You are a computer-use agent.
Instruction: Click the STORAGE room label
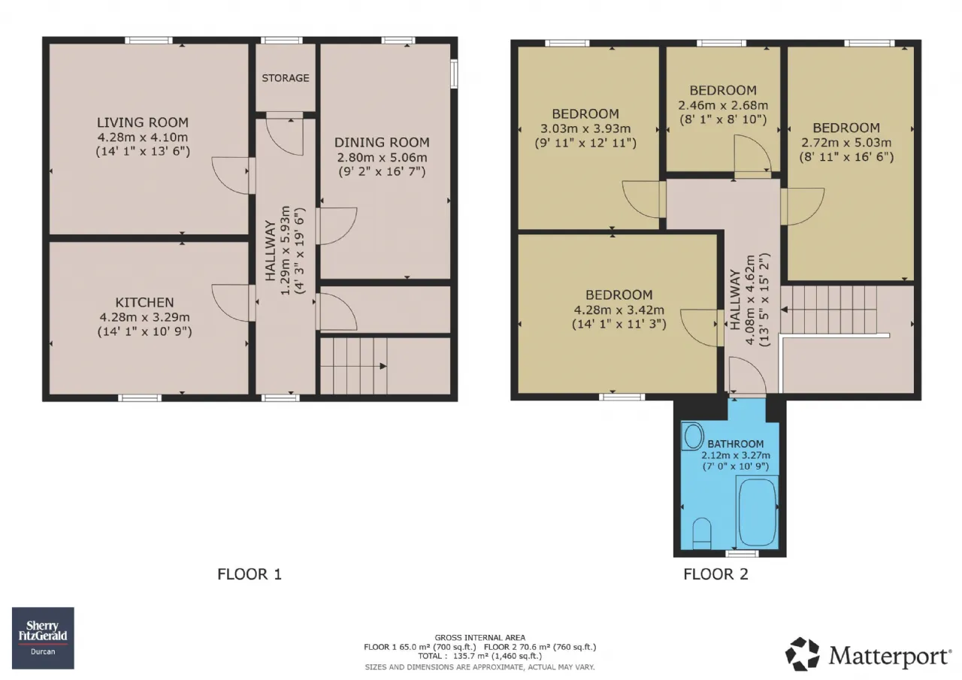[285, 77]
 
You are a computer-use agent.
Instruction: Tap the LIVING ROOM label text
[143, 122]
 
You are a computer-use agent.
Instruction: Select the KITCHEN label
[144, 302]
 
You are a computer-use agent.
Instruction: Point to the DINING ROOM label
[382, 142]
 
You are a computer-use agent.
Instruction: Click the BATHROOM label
[736, 444]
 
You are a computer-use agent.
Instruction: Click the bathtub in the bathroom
[758, 512]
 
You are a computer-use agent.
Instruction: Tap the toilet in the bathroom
[702, 533]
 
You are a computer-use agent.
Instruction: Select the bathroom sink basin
[692, 437]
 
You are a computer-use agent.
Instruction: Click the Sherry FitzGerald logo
[43, 638]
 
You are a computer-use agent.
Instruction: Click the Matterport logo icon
[802, 654]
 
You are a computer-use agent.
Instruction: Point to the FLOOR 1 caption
[249, 574]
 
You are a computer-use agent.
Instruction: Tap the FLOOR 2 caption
[715, 574]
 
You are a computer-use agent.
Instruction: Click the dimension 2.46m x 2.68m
[723, 105]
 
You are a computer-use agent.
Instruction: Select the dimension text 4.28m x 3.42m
[619, 310]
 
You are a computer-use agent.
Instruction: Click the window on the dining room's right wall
[453, 74]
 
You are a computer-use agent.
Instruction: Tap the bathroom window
[742, 554]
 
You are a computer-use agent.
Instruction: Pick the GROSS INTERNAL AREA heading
[479, 637]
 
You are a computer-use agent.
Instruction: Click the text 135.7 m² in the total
[471, 656]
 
